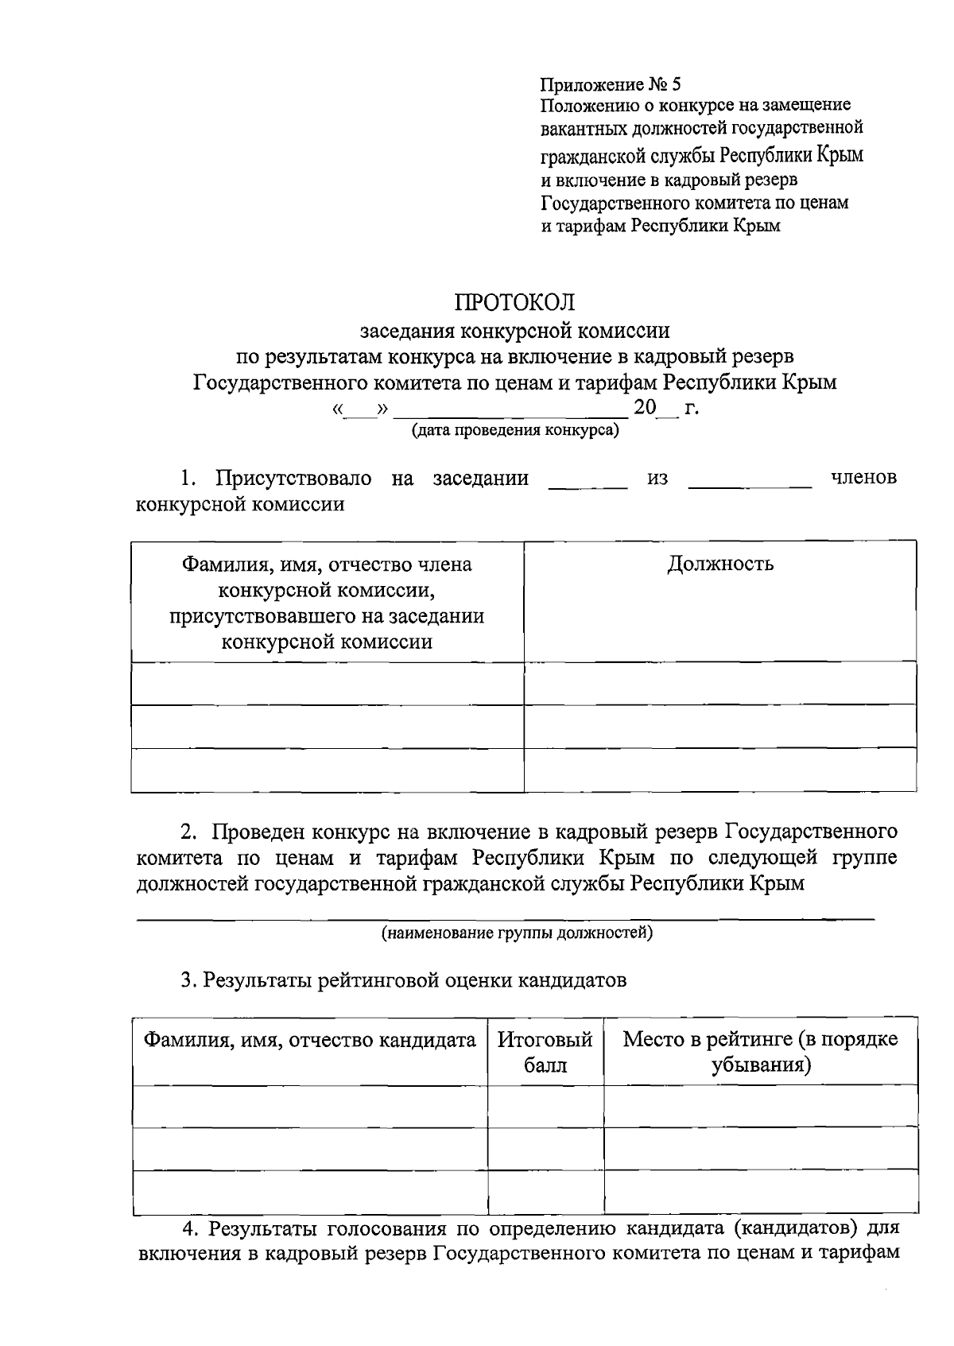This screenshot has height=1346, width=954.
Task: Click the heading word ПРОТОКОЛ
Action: tap(514, 302)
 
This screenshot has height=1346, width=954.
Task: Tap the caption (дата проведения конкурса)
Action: tap(514, 431)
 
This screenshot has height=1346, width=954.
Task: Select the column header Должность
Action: tap(719, 564)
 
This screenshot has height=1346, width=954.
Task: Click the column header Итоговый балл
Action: tap(545, 1052)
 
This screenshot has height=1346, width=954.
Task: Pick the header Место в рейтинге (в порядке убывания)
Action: tap(760, 1052)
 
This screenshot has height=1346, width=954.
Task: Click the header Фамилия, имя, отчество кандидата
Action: tap(309, 1040)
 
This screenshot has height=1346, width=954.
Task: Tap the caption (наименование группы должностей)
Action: tap(517, 933)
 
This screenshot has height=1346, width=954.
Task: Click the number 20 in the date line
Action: tap(645, 409)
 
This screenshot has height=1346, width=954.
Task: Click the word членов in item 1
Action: tap(863, 478)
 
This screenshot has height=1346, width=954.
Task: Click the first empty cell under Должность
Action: tap(719, 684)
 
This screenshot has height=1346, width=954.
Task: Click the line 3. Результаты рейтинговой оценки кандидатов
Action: tap(404, 980)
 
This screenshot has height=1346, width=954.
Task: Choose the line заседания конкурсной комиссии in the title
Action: tap(514, 330)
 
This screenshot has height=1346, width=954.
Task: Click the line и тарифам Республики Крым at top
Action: tap(660, 226)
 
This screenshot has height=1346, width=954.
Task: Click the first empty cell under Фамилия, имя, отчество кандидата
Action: tap(309, 1106)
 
